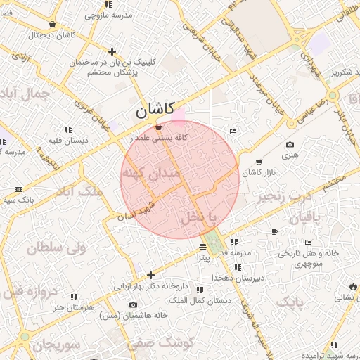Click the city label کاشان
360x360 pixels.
point(155,110)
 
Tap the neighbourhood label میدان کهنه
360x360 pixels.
point(150,172)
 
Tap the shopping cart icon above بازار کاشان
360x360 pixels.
point(259,162)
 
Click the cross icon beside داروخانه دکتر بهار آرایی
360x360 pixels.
point(150,275)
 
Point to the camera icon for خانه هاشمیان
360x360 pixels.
point(134,304)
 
